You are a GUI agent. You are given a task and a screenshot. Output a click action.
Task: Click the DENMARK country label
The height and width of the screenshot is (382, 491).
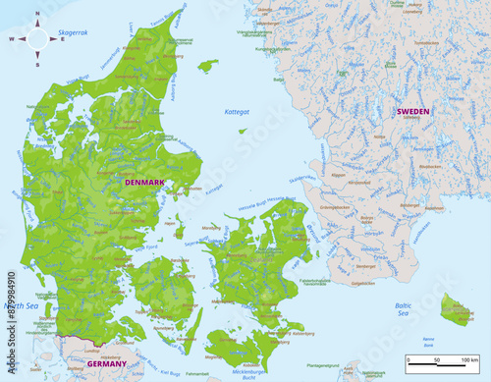pyautogui.click(x=143, y=183)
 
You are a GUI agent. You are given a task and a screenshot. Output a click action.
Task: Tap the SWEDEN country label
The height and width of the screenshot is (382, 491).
pyautogui.click(x=412, y=112)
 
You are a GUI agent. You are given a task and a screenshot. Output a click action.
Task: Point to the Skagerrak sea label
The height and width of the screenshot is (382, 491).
pyautogui.click(x=73, y=32)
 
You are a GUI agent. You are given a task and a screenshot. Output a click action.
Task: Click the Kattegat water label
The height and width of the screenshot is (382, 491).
pyautogui.click(x=237, y=112)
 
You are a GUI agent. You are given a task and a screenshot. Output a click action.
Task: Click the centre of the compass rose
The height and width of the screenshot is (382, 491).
pyautogui.click(x=36, y=39)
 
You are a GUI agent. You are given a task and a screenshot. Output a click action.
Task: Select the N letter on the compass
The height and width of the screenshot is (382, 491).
pyautogui.click(x=36, y=15)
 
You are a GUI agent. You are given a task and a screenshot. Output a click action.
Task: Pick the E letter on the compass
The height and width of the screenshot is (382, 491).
pyautogui.click(x=60, y=39)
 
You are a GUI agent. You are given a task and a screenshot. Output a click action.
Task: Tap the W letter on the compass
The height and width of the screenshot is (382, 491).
pyautogui.click(x=12, y=39)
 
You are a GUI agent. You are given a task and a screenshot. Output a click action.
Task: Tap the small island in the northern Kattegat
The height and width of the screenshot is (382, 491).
pyautogui.click(x=206, y=66)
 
